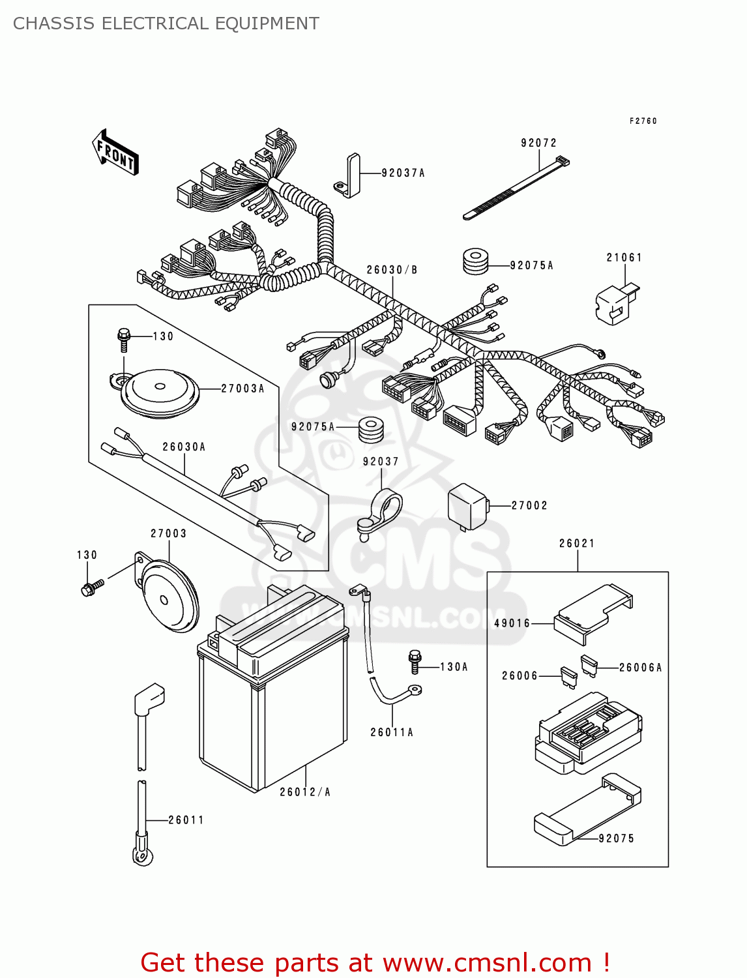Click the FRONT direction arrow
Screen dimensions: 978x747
coord(115,153)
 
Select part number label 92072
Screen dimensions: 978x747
coord(538,143)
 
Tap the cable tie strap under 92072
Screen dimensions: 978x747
coord(515,189)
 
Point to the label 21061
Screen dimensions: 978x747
coord(624,258)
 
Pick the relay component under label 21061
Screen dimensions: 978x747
coord(615,304)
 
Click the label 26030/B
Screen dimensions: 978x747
coord(392,270)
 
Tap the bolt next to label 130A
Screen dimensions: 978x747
coord(415,661)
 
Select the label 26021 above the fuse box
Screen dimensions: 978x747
coord(577,543)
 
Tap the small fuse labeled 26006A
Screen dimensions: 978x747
coord(589,665)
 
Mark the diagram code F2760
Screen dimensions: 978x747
coord(643,121)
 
